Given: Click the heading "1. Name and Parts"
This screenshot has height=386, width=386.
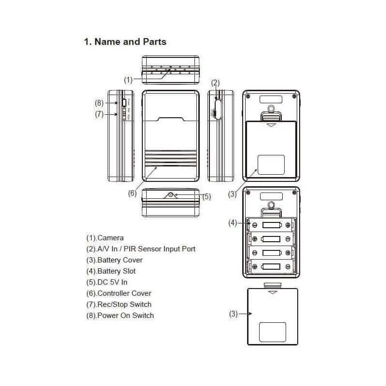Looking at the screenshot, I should [x=125, y=41].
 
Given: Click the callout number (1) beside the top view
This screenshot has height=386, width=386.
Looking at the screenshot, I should [x=128, y=80].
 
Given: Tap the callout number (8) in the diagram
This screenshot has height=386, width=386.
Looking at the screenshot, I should [x=99, y=102].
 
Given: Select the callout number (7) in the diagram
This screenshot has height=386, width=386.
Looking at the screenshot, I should [x=99, y=114].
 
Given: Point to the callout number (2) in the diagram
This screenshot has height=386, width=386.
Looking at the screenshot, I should [x=216, y=83].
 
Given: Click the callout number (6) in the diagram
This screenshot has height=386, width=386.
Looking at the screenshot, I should [x=132, y=193].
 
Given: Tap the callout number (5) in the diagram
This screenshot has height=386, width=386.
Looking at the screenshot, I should [x=207, y=196].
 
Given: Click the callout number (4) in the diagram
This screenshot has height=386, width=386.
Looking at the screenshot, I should [x=233, y=222].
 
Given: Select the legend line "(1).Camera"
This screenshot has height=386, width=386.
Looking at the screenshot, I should [x=105, y=238].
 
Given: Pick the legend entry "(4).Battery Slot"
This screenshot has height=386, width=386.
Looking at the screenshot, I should [x=110, y=271].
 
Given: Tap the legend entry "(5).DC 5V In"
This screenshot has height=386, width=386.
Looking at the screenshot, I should [x=107, y=282].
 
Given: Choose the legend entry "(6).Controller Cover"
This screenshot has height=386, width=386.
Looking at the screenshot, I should [x=119, y=293].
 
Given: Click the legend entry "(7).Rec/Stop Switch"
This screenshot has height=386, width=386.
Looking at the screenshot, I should [x=119, y=304].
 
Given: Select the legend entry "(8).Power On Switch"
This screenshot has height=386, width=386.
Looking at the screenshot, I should [x=120, y=316].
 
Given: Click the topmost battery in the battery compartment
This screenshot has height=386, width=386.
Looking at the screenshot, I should [x=271, y=225].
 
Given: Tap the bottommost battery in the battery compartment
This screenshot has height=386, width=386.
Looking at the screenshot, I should [x=271, y=266].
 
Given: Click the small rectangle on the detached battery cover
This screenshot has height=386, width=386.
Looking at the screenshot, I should [x=273, y=331].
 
